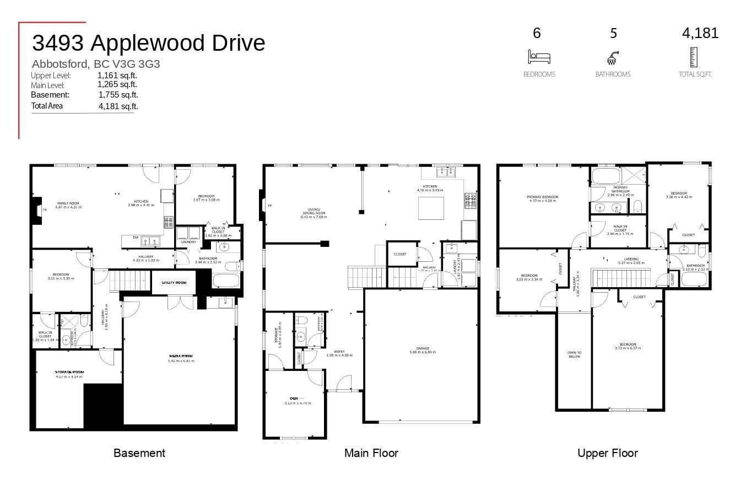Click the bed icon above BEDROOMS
(539, 57)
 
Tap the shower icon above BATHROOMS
(613, 57)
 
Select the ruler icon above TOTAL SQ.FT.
(693, 57)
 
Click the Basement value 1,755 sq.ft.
(118, 95)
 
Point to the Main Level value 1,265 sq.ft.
(117, 84)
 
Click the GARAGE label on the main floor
(423, 348)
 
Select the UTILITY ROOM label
(174, 282)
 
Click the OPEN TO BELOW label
(574, 354)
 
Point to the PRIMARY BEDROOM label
(542, 197)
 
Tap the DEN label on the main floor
(294, 398)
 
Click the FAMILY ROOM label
(68, 203)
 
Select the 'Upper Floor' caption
(607, 453)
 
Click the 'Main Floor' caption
(371, 453)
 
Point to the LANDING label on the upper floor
(631, 259)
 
